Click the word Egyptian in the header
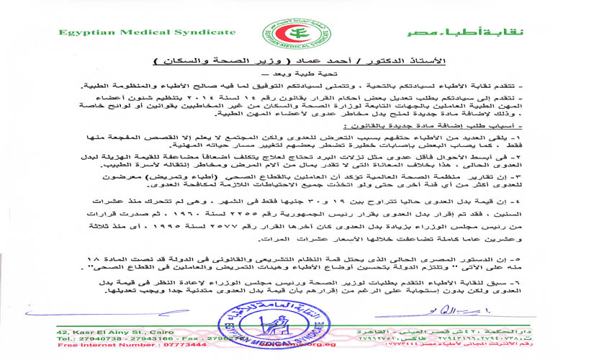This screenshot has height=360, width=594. [84, 32]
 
